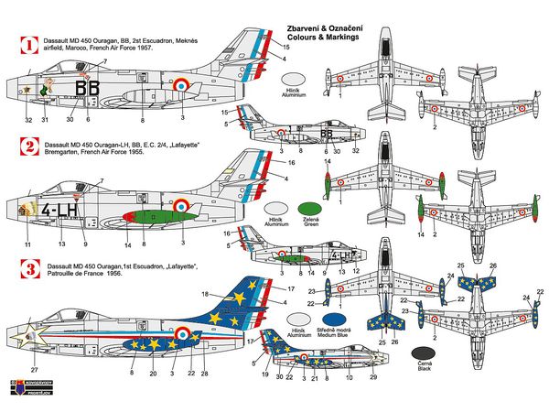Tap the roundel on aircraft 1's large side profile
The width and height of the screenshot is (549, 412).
point(182,86)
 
